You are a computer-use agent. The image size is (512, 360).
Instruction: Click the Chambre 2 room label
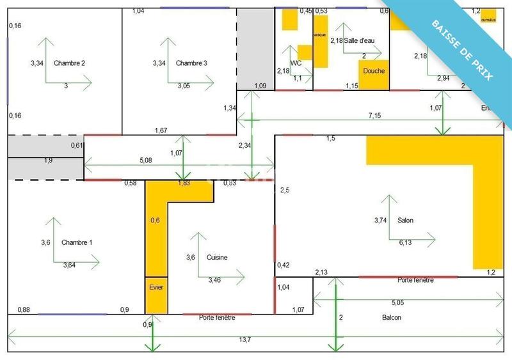(x=70, y=63)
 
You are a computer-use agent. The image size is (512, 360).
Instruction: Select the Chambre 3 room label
(x=191, y=63)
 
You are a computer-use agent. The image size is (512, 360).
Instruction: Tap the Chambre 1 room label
(x=77, y=242)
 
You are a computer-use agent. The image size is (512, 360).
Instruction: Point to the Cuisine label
(x=218, y=257)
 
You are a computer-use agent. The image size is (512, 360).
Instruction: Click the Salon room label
(x=405, y=221)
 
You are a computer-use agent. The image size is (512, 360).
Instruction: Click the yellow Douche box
(x=374, y=72)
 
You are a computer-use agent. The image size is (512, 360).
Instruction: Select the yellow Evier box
(x=156, y=288)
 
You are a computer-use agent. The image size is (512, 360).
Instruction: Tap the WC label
(x=296, y=63)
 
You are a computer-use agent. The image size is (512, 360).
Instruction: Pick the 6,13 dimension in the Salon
(x=406, y=242)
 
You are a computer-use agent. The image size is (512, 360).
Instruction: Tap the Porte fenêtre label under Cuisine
(x=216, y=318)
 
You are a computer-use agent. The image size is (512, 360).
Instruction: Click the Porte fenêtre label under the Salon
(x=415, y=280)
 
